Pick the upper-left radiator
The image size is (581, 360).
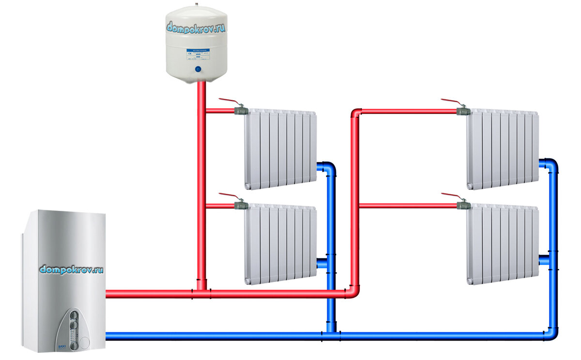(x=280, y=148)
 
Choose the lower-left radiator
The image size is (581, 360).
(x=280, y=244)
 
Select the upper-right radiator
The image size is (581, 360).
(x=503, y=148)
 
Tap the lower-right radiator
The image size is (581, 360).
(x=503, y=244)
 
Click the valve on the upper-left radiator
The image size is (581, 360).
(x=240, y=110)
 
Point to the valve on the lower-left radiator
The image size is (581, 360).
(x=240, y=205)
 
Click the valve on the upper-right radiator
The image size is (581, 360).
(x=463, y=110)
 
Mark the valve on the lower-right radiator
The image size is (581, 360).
(x=463, y=205)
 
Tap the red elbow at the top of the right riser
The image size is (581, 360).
(x=356, y=112)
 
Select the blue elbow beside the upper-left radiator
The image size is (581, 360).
(x=330, y=168)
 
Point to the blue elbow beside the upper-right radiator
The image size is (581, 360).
(x=551, y=164)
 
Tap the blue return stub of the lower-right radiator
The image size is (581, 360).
(x=544, y=260)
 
